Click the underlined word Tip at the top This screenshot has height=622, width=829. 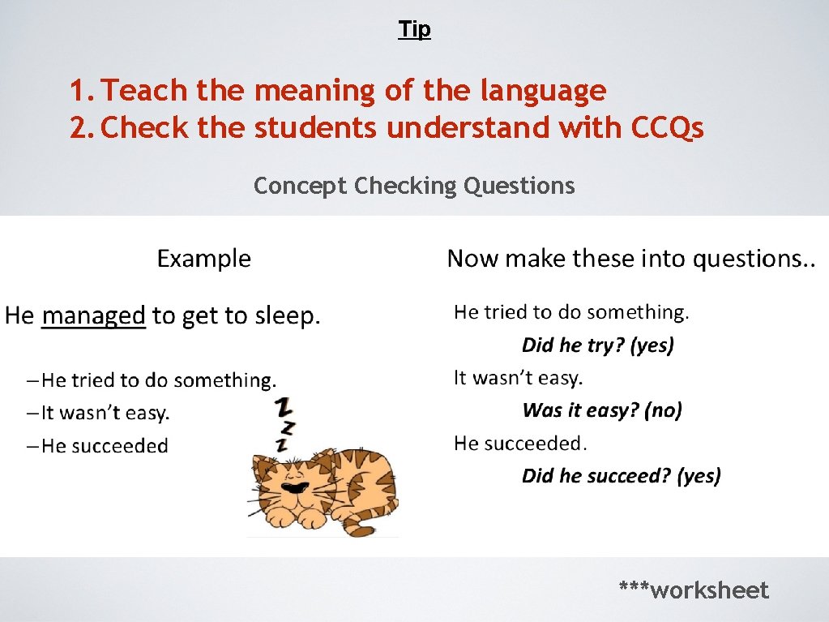coord(414,30)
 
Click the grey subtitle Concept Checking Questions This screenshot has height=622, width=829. coord(414,186)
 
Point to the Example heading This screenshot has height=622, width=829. coord(203,259)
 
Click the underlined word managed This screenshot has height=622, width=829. coord(93,315)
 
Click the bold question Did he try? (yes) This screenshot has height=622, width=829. coord(597,345)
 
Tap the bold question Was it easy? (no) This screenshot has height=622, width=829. coord(602,410)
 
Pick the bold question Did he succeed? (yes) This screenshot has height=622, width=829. coord(621,475)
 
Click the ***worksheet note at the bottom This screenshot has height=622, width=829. coord(693,590)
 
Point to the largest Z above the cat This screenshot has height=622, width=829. coord(284,405)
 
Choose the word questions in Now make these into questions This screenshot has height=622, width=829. coord(750,259)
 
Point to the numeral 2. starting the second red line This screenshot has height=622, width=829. coord(82,127)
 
